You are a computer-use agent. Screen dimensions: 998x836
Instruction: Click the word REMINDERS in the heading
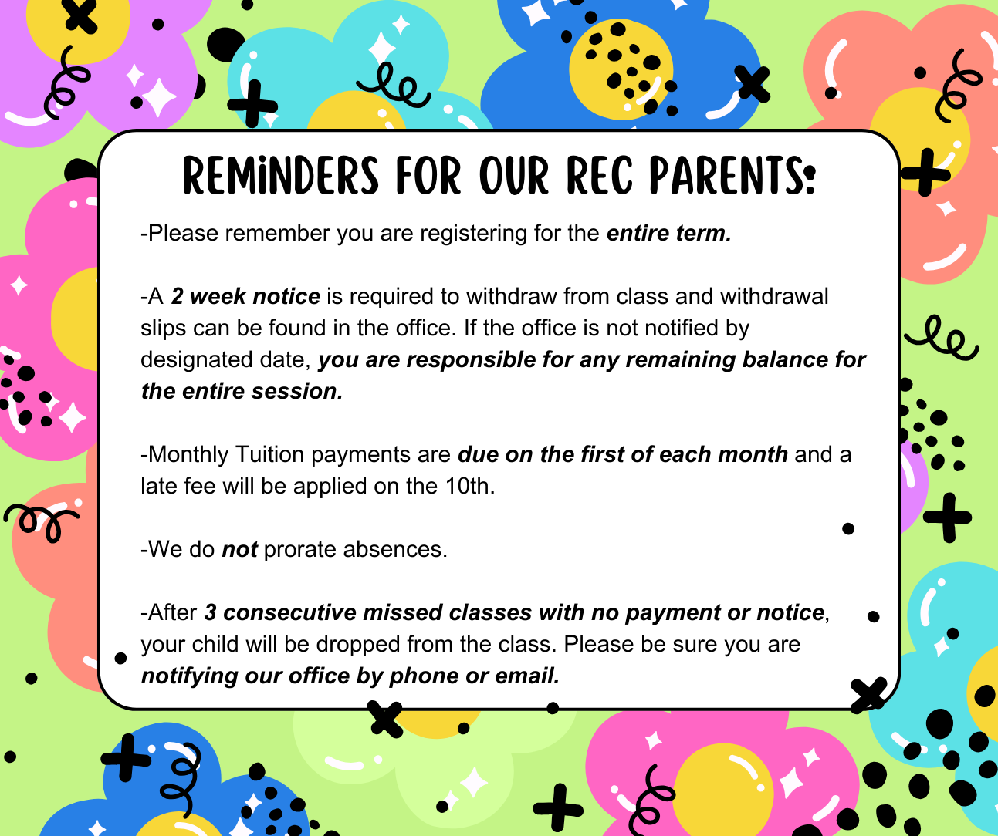(281, 175)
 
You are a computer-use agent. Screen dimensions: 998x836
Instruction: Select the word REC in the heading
(599, 175)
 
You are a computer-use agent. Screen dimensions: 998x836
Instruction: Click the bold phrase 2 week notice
(245, 296)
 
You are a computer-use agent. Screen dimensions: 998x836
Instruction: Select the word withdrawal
(774, 296)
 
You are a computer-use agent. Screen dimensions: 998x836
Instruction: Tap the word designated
(197, 359)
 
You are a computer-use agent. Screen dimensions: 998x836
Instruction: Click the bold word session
(297, 391)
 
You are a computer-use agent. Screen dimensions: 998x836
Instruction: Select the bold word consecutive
(289, 612)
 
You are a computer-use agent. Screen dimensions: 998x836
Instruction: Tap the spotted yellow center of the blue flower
(621, 69)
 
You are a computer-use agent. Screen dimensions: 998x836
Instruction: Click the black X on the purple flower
(80, 17)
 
